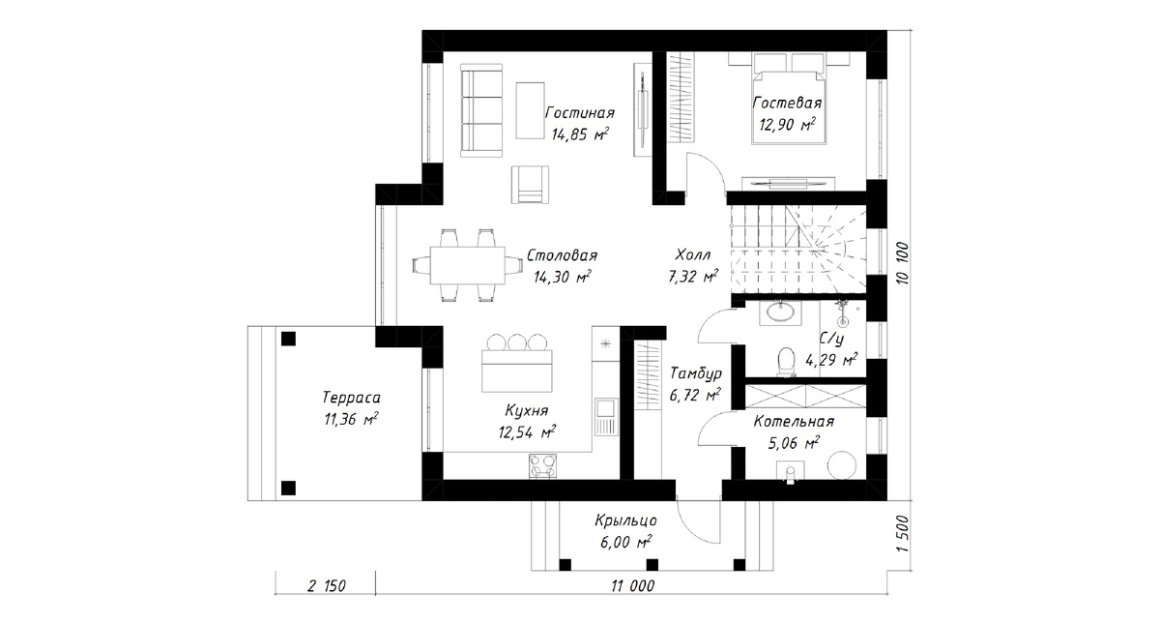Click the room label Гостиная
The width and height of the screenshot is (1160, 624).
pos(580,112)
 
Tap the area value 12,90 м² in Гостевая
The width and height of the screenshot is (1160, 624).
pos(787,125)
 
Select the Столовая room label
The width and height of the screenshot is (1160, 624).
pos(562,255)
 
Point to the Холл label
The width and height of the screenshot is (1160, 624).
pos(693,254)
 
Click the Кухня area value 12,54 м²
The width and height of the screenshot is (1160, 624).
pos(527,431)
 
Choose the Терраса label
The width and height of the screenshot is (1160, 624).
pos(351,398)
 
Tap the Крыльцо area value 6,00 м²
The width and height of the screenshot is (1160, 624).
pos(625,542)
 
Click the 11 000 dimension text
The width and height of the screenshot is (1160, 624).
pos(633,585)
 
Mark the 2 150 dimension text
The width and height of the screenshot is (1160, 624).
pos(327,585)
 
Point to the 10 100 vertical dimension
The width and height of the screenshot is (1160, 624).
pos(902,263)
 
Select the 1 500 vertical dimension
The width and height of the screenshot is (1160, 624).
pos(902,534)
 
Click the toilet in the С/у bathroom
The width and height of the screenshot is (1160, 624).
pos(786,361)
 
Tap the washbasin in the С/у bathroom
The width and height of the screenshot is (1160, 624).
pos(780,313)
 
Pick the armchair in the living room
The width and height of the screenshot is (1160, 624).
pos(530,185)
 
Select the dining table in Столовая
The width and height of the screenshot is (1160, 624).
pos(468,265)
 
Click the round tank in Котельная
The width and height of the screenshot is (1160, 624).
pos(842,465)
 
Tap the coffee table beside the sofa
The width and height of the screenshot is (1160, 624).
pos(530,110)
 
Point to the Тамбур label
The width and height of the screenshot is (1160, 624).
pos(695,373)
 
